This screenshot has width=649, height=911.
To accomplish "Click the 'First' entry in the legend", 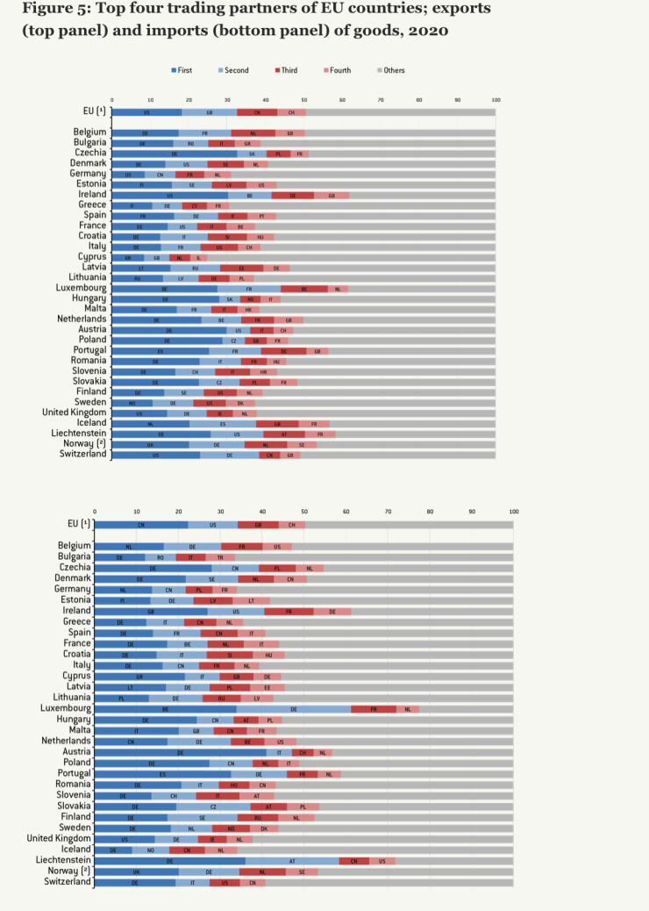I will point(184,69).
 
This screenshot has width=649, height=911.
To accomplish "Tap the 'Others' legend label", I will point(394,69).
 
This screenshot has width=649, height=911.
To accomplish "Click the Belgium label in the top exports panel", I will point(90,132).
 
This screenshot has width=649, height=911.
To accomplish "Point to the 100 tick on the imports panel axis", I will point(513,510).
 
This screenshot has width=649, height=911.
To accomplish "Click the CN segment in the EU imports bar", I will point(141,524).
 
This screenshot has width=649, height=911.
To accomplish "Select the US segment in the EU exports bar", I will point(146,112).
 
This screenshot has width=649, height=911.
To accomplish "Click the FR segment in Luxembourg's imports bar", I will point(374,707).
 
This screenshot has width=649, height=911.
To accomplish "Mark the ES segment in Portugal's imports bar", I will point(162,774).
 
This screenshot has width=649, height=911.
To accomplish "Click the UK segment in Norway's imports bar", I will point(136,872).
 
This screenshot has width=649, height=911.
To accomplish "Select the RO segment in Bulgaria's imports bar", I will point(160,556).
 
